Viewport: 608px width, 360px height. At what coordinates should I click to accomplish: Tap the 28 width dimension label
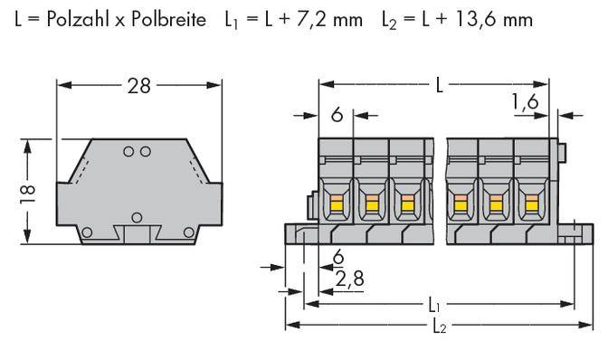(x=138, y=86)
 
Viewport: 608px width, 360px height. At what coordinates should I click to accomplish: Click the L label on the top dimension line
(x=439, y=86)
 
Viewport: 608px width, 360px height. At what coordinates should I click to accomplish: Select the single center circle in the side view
(x=138, y=216)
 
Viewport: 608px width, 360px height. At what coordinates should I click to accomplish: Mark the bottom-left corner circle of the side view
(x=86, y=233)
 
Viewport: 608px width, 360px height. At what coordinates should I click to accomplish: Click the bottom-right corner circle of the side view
(x=189, y=233)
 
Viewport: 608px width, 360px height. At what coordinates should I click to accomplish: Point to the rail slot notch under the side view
(x=138, y=236)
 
